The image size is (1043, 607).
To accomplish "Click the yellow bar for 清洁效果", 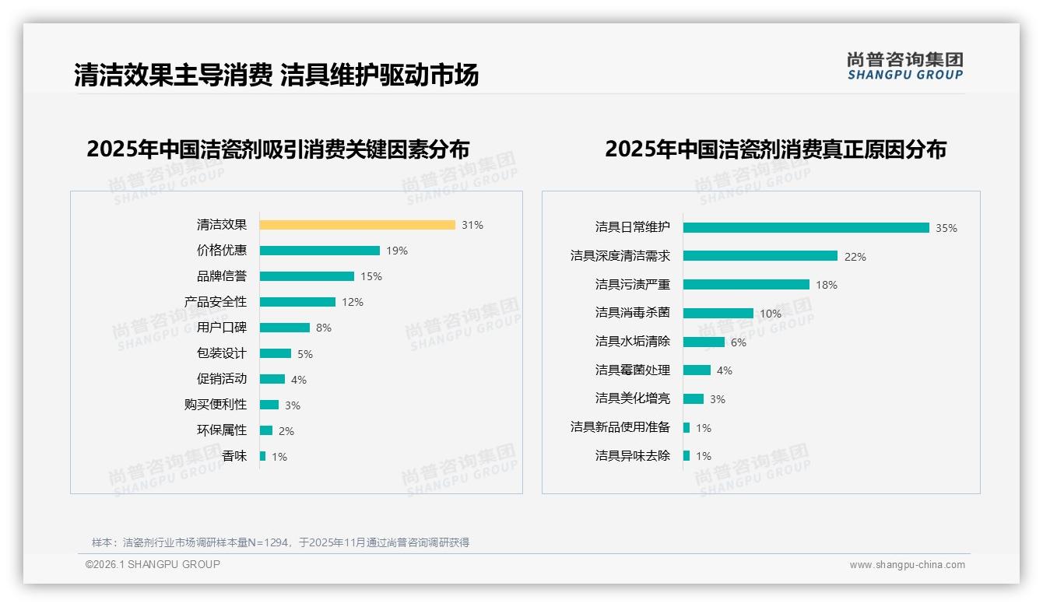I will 357,225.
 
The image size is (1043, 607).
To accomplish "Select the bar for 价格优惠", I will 320,251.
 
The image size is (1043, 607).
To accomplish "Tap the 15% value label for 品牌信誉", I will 371,276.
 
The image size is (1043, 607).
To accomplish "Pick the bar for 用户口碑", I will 285,328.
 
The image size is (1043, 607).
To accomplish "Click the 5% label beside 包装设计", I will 305,354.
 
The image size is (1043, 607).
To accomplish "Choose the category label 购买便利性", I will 216,405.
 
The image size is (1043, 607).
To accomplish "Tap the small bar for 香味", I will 263,456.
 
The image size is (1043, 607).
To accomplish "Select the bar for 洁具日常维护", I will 806,228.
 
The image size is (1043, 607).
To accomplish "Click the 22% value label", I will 855,257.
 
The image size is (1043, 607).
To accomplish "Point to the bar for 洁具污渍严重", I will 746,285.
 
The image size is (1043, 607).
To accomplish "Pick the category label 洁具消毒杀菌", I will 633,313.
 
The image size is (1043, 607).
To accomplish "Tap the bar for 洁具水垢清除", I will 704,342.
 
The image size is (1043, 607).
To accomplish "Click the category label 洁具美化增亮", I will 633,398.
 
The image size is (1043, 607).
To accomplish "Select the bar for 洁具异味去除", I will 687,456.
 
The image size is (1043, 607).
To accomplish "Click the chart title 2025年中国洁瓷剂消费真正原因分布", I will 775,149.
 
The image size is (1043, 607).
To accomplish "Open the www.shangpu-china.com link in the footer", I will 907,565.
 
